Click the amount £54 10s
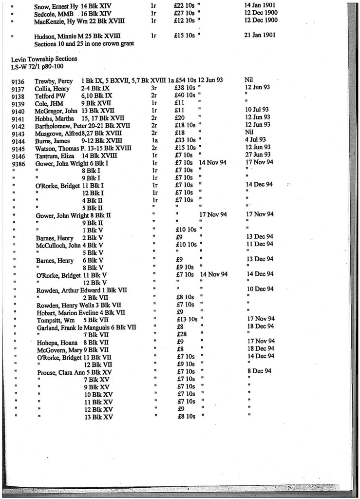(185, 80)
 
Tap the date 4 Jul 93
(255, 139)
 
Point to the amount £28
(181, 334)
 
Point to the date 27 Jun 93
(258, 155)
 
